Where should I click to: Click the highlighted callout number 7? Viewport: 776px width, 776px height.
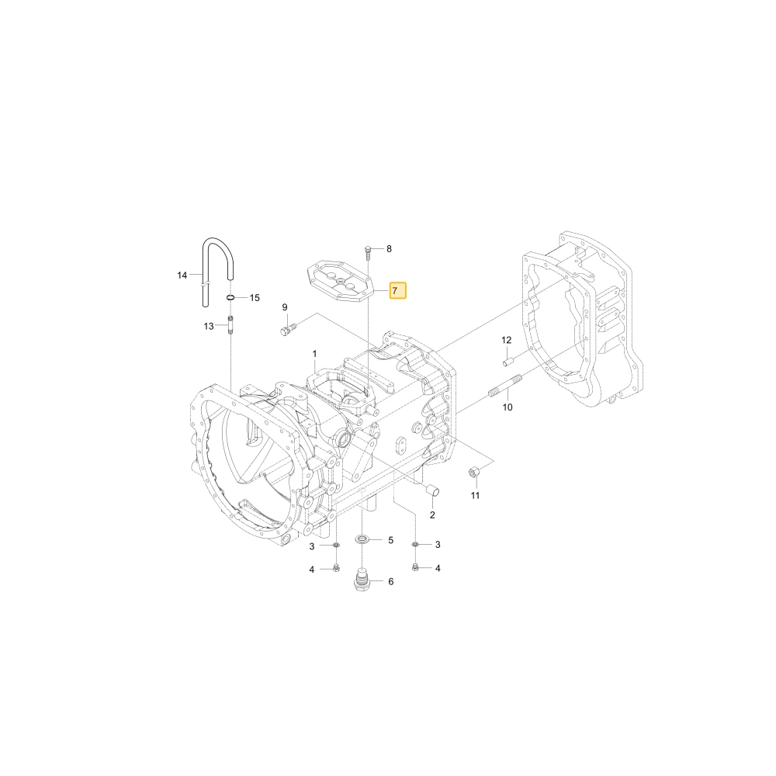pyautogui.click(x=397, y=290)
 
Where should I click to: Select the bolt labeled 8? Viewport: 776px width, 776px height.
pyautogui.click(x=368, y=252)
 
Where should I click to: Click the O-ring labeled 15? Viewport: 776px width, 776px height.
pyautogui.click(x=230, y=297)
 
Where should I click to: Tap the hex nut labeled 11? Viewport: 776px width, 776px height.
pyautogui.click(x=474, y=472)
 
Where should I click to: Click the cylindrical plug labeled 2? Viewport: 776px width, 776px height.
pyautogui.click(x=433, y=490)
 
